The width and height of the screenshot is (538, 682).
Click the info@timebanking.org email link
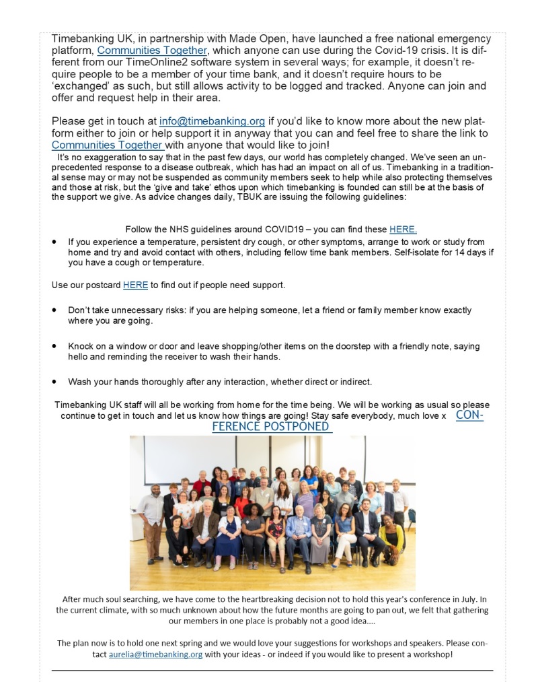tap(212, 121)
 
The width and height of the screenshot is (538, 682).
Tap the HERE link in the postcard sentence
tap(135, 285)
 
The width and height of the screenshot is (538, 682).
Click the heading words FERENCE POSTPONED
tap(272, 427)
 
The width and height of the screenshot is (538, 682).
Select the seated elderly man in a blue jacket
tap(298, 532)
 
